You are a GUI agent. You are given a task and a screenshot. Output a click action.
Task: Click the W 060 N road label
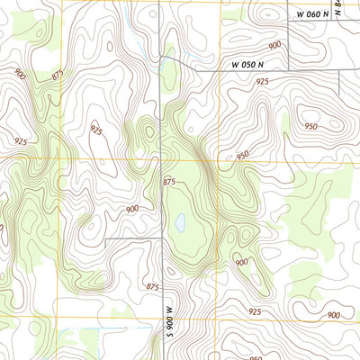(x=309, y=13)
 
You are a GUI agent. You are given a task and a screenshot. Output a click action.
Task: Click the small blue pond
(x=180, y=221)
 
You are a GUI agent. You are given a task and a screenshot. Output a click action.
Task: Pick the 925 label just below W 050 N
(x=262, y=82)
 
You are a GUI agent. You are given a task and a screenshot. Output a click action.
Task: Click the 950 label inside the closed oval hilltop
(x=310, y=126)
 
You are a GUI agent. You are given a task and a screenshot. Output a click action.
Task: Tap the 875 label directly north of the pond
(x=169, y=183)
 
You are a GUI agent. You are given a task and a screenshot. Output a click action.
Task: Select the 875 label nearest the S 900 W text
(x=152, y=286)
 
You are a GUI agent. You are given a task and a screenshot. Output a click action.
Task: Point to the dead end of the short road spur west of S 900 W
(x=105, y=238)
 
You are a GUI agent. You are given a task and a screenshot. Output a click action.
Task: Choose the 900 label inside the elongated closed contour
(x=333, y=315)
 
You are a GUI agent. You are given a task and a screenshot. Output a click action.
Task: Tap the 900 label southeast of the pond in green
(x=241, y=262)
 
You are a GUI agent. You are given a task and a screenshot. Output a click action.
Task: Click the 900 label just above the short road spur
(x=132, y=209)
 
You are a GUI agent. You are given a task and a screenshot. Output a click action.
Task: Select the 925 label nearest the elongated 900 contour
(x=255, y=311)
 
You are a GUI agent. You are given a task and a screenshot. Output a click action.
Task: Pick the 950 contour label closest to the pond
(x=242, y=156)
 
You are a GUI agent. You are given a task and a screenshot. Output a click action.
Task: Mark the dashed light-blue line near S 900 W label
(x=135, y=329)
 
